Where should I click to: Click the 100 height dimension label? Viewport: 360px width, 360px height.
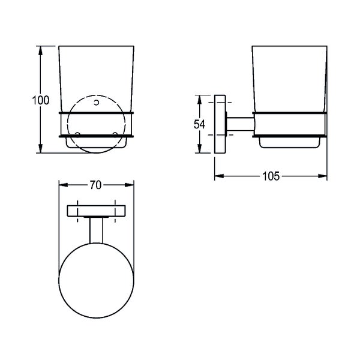(40, 100)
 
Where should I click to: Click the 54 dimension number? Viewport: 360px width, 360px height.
(199, 124)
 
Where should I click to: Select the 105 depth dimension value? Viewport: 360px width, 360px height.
(271, 176)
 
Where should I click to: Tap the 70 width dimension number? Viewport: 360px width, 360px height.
(95, 185)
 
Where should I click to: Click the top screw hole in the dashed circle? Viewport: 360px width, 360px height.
(97, 103)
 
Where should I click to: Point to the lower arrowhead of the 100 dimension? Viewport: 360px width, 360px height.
(40, 148)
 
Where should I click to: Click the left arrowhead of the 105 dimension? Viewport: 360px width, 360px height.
(219, 176)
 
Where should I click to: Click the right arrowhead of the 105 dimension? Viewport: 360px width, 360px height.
(322, 176)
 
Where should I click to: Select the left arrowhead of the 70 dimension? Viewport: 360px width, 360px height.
(64, 185)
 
